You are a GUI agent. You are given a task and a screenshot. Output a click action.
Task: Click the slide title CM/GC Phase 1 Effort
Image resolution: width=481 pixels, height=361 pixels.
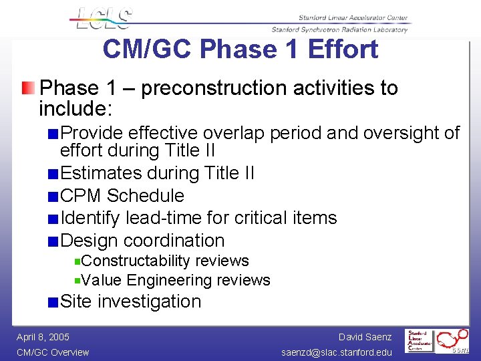click(x=240, y=49)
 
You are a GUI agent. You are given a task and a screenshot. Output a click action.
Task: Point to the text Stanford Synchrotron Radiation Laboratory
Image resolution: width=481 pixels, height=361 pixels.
click(x=339, y=29)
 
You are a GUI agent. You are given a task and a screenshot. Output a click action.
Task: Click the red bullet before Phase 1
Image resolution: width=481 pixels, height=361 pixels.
click(x=25, y=88)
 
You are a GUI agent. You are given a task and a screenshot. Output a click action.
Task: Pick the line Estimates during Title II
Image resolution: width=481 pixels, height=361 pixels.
click(x=157, y=173)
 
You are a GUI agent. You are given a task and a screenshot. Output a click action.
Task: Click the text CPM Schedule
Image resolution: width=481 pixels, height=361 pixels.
click(x=122, y=196)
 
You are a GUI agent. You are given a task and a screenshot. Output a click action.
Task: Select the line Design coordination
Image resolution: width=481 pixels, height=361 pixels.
click(x=142, y=241)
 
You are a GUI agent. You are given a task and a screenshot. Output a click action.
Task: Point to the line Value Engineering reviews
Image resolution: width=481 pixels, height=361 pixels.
click(x=176, y=280)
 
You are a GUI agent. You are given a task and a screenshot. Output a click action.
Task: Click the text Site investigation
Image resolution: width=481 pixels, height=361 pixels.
click(x=130, y=302)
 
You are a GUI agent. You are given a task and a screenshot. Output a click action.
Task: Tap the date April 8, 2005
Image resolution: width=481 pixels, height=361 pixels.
click(x=43, y=337)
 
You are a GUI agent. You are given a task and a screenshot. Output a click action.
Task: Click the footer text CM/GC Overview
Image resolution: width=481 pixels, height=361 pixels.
click(x=53, y=352)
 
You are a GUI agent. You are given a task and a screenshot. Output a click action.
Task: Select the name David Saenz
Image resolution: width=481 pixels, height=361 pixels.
click(x=365, y=337)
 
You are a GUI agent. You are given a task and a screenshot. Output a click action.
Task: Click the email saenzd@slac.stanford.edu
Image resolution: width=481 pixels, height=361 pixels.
click(x=337, y=352)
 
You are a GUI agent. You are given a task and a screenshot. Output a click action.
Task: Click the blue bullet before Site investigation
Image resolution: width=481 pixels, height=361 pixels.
click(x=52, y=302)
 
